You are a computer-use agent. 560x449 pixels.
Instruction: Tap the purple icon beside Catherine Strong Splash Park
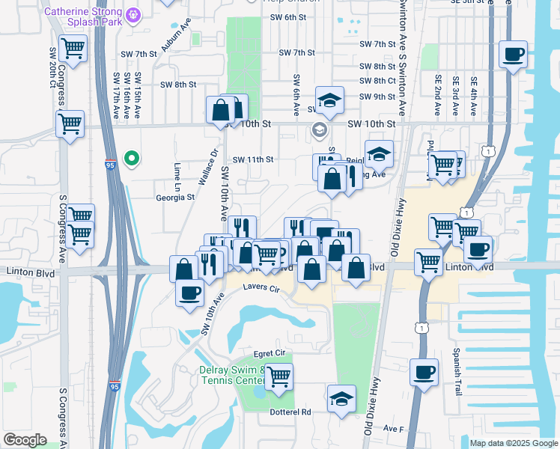pos(134,13)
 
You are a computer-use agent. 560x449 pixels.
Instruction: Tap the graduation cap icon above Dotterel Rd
pos(341,397)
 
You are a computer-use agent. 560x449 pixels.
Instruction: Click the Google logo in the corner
pos(25,439)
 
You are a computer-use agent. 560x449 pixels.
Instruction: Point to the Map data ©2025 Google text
pos(513,443)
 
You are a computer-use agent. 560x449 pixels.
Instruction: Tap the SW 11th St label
pos(253,159)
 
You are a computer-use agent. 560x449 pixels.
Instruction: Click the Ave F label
pos(394,429)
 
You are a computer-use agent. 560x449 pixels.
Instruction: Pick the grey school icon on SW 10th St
pos(320,131)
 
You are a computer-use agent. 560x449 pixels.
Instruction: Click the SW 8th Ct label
pos(377,81)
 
